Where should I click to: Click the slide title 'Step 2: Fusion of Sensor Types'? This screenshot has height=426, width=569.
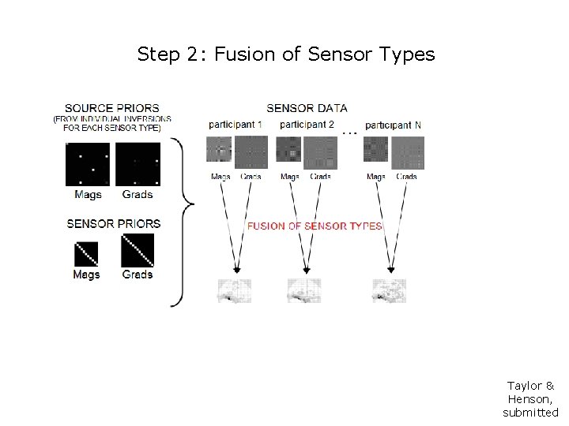click(285, 54)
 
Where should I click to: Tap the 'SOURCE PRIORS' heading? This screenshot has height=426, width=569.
click(111, 108)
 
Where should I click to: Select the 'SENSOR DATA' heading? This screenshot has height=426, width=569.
click(307, 108)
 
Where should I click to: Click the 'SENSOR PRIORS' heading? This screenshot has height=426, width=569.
click(114, 224)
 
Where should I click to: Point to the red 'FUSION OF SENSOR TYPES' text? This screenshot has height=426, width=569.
click(315, 226)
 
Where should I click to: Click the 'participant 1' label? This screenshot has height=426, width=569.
click(236, 125)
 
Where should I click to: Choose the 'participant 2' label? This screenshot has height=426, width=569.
click(307, 125)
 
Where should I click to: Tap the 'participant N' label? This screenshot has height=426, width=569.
click(393, 125)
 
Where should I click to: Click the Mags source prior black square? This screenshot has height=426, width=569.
click(88, 164)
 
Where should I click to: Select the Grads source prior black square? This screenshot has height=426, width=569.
click(138, 164)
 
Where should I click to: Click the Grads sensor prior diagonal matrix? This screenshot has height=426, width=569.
click(138, 250)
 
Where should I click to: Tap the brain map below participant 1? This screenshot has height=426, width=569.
click(234, 290)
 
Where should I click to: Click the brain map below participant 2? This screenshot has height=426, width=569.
click(304, 290)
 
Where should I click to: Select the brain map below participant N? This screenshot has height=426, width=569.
click(389, 290)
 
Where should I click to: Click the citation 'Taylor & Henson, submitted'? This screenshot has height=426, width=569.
click(530, 398)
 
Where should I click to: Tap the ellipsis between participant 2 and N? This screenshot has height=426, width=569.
click(349, 133)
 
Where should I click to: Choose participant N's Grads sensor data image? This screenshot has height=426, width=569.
click(407, 152)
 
